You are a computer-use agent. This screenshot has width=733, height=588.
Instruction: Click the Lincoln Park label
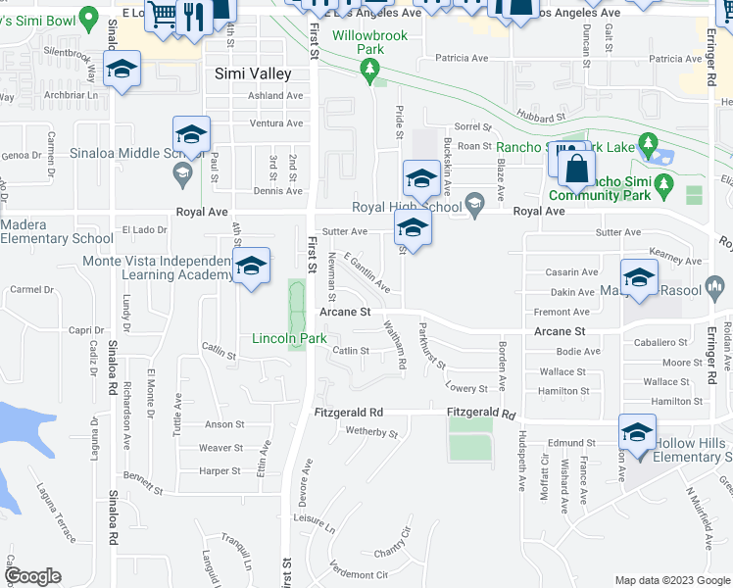[x=289, y=338]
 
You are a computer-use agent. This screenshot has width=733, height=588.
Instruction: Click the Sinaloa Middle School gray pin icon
[x=181, y=174]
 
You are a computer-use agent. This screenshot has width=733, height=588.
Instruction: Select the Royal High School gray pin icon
[x=475, y=206]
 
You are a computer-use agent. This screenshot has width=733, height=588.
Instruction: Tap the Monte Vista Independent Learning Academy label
[x=157, y=268]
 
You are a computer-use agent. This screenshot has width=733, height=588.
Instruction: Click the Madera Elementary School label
[x=57, y=231]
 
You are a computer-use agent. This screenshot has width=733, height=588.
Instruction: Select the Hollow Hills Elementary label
[x=692, y=450]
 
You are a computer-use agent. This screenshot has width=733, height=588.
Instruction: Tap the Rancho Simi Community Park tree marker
[x=663, y=183]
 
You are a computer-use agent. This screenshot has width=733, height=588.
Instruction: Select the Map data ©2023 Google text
[x=672, y=580]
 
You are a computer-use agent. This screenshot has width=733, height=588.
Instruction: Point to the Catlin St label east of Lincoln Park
[x=351, y=350]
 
